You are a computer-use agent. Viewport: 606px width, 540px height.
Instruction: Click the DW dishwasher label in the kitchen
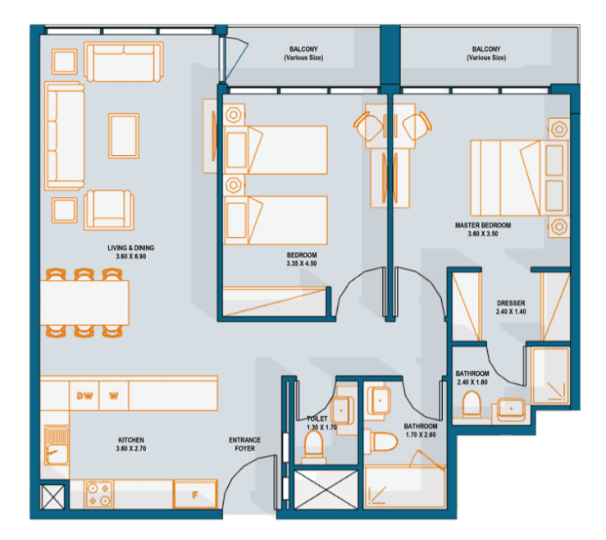[84, 395]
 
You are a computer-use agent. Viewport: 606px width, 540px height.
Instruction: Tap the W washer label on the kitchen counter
[114, 395]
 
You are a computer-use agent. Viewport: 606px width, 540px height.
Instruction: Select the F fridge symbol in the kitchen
[194, 494]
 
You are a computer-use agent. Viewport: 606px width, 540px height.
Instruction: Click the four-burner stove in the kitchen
[99, 494]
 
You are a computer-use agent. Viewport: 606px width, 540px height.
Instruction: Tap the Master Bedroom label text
[483, 224]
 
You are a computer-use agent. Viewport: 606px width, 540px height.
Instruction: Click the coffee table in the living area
[123, 133]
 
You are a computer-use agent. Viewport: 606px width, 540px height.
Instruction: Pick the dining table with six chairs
[85, 302]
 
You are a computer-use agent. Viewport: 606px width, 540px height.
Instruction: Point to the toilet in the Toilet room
[313, 447]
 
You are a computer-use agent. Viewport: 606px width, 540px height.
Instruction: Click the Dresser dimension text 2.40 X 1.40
[511, 313]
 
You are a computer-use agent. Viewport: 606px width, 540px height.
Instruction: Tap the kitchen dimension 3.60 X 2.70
[130, 449]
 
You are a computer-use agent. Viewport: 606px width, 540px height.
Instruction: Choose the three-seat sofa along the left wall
[65, 136]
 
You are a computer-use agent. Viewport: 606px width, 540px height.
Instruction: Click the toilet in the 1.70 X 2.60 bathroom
[382, 442]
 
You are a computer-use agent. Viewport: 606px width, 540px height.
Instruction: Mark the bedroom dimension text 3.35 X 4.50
[303, 263]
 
